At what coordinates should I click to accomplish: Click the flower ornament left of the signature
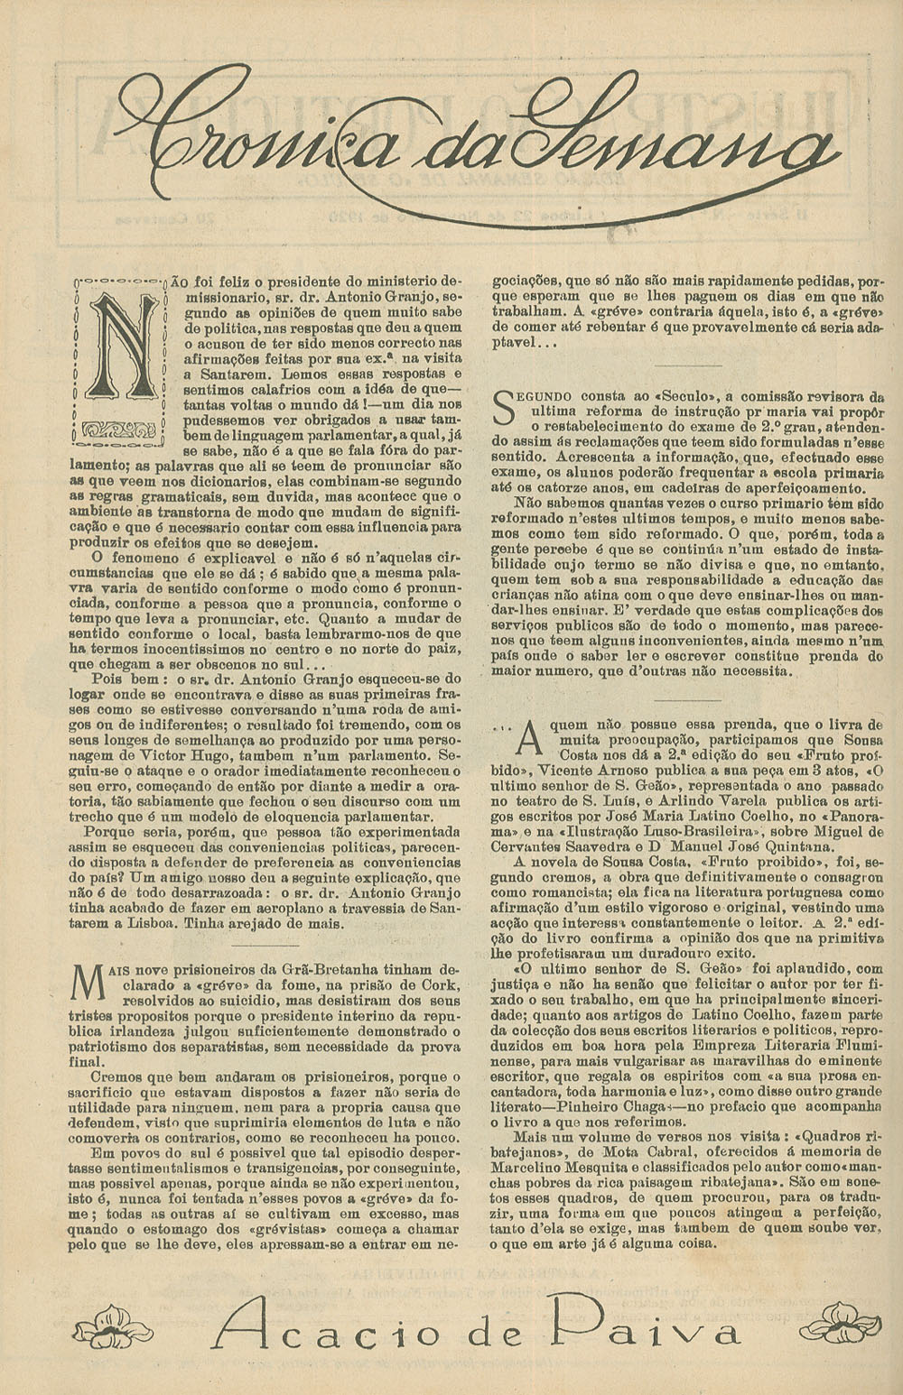pos(113,1328)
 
